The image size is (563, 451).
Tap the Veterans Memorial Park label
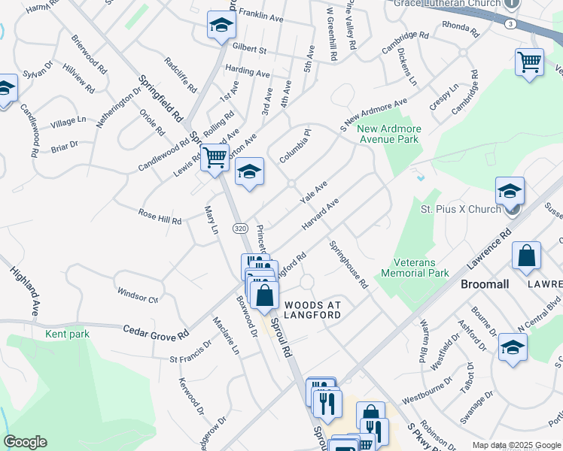pos(415,268)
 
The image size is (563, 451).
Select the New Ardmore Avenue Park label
pos(389,135)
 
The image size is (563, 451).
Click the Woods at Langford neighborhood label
pos(312,310)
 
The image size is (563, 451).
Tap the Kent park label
pos(67,334)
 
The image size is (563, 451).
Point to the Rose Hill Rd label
pos(160,218)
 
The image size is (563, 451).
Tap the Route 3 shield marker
pos(510,24)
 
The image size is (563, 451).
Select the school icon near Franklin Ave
pos(221,27)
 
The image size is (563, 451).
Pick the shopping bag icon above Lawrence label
pos(526,256)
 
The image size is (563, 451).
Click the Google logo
pos(25,442)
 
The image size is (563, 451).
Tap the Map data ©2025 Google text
pos(516,445)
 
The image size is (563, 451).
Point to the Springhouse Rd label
pos(348,265)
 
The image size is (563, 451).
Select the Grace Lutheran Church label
pos(447,3)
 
